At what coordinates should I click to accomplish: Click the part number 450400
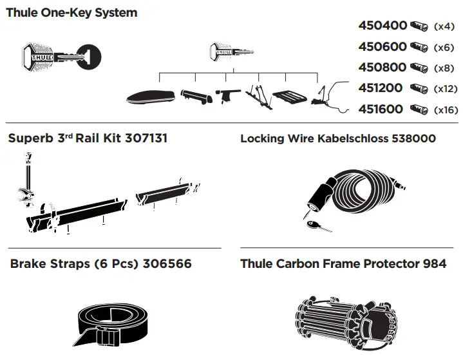383,26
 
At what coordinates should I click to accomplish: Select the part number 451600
381,109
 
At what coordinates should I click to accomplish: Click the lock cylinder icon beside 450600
419,47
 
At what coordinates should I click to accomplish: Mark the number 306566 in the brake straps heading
167,264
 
